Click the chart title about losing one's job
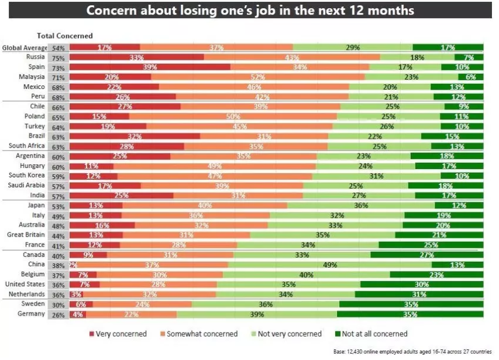[x=249, y=11]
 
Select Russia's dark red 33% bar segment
[x=137, y=57]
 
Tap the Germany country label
[x=33, y=314]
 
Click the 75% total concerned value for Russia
[x=58, y=57]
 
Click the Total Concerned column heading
[x=64, y=36]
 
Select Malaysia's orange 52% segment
[x=257, y=77]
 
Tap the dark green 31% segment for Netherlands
[x=419, y=294]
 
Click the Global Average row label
[x=25, y=47]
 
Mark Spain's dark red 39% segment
[x=150, y=67]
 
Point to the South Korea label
[x=27, y=176]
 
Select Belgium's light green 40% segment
[x=306, y=275]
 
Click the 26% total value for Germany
[x=58, y=314]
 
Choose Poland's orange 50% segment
[x=233, y=116]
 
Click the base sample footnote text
[x=412, y=351]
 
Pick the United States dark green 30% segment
[x=421, y=284]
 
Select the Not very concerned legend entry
[x=287, y=334]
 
